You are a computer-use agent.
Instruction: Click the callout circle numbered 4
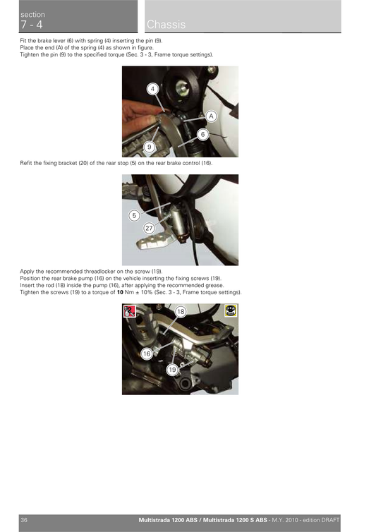pos(152,89)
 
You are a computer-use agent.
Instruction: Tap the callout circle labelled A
pos(210,116)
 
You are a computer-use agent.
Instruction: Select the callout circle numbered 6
pos(202,133)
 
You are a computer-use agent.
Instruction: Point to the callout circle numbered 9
pos(150,146)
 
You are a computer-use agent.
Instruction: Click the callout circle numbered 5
pos(134,215)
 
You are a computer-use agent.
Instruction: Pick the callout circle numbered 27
pos(149,228)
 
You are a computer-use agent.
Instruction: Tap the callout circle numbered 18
pos(181,311)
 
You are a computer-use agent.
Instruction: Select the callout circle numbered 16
pos(146,353)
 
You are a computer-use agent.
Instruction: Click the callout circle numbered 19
pos(172,370)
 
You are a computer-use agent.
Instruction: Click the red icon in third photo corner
pos(129,310)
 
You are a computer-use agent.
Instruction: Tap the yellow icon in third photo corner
pos(231,310)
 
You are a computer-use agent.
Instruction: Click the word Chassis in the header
pos(166,25)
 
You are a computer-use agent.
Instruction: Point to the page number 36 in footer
pos(24,520)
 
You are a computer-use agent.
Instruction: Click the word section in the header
pos(32,14)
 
